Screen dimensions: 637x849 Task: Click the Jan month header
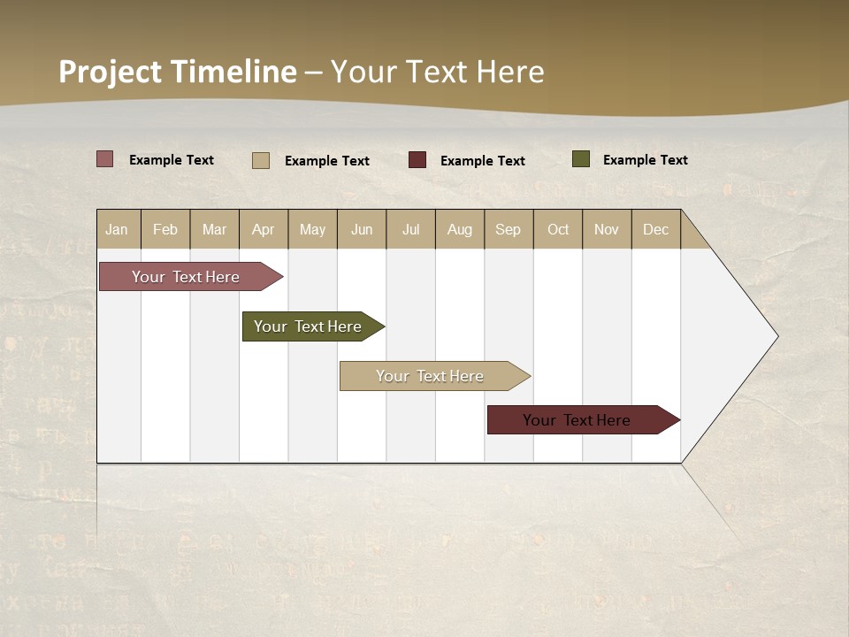pos(118,229)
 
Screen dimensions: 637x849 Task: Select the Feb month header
pos(165,229)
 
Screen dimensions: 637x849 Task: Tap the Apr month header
pos(264,229)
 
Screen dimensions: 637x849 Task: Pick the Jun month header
pos(362,229)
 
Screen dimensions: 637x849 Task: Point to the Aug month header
pos(460,229)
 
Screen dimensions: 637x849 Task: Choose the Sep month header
pos(509,229)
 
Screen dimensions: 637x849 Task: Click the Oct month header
pos(558,229)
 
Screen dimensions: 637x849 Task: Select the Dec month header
pos(656,229)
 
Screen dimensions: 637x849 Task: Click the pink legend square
pos(105,159)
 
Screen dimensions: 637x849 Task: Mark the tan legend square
pos(261,160)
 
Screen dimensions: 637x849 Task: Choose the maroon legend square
pos(417,160)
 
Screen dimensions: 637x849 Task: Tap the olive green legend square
pos(581,159)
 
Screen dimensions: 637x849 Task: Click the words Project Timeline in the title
pos(177,72)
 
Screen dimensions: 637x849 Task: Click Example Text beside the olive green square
pos(646,160)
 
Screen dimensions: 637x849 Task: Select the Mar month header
pos(215,229)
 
